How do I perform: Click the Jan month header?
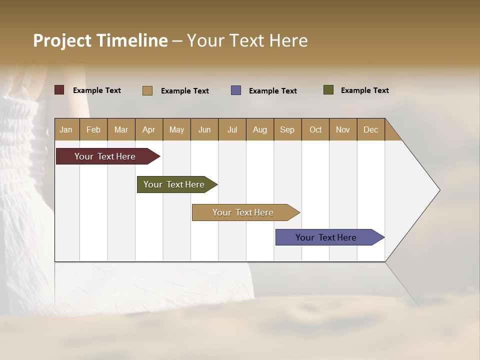(x=66, y=129)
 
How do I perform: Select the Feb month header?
(x=93, y=129)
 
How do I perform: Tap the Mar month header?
(x=121, y=129)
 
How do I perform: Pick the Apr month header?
(x=149, y=129)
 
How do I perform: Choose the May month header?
(x=176, y=129)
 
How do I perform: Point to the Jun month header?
(x=204, y=129)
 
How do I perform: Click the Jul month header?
(x=232, y=129)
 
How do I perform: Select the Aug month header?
(x=260, y=129)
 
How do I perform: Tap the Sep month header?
(x=287, y=129)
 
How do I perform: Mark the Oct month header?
(x=315, y=129)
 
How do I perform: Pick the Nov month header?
(x=343, y=129)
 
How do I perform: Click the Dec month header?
(x=371, y=129)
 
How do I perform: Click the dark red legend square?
(x=59, y=90)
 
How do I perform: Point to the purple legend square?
(x=236, y=90)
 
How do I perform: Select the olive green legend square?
(x=328, y=90)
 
